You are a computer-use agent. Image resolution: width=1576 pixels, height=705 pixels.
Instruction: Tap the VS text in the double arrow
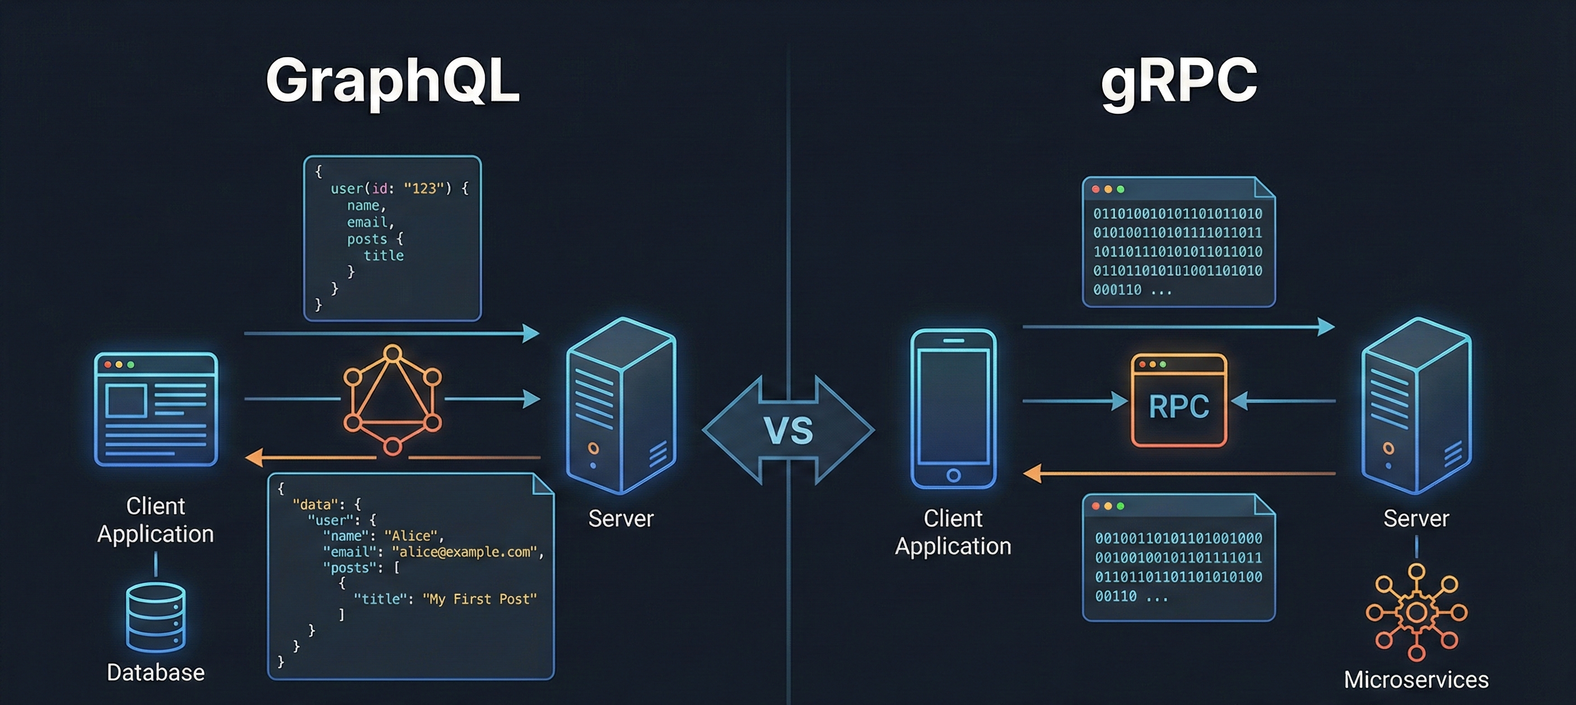click(x=789, y=431)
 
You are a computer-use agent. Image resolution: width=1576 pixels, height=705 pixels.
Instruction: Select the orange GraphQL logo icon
click(x=392, y=400)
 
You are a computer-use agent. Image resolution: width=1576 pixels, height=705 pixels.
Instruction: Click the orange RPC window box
click(x=1179, y=400)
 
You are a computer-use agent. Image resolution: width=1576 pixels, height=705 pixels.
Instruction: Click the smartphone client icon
click(x=953, y=408)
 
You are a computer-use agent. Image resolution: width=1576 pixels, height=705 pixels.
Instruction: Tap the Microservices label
click(x=1416, y=680)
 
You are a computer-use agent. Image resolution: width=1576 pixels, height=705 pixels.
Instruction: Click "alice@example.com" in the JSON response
click(x=464, y=552)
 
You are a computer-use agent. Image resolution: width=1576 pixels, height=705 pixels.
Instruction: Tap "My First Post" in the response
click(x=479, y=599)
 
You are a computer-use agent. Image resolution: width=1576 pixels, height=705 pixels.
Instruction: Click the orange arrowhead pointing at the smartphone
click(x=1033, y=473)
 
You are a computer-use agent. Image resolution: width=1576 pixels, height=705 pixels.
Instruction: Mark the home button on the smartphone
click(x=953, y=475)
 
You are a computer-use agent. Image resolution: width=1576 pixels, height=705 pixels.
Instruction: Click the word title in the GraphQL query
click(x=384, y=255)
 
